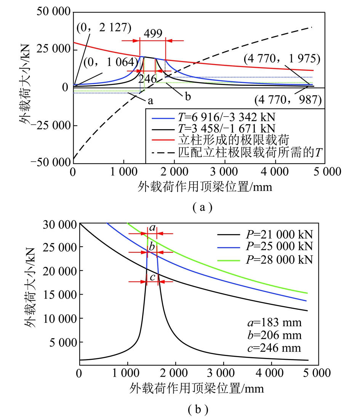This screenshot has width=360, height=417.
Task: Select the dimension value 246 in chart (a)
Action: [x=147, y=79]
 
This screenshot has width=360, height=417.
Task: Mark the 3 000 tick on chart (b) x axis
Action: [x=222, y=372]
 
